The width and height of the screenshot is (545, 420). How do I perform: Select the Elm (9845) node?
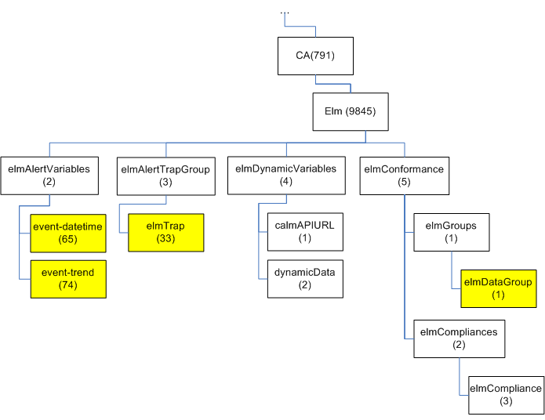pyautogui.click(x=350, y=111)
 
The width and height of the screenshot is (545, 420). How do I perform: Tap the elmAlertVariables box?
pyautogui.click(x=49, y=175)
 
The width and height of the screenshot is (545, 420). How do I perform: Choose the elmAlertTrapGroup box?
pyautogui.click(x=165, y=175)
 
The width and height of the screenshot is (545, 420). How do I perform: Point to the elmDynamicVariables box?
pyautogui.click(x=285, y=175)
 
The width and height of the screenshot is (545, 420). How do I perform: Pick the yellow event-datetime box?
pyautogui.click(x=68, y=233)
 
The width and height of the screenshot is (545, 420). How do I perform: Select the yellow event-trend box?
pyautogui.click(x=68, y=278)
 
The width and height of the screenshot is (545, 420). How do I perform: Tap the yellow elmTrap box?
pyautogui.click(x=165, y=233)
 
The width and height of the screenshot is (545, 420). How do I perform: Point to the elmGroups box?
pyautogui.click(x=451, y=232)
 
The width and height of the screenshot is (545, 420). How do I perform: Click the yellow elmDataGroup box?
pyautogui.click(x=498, y=288)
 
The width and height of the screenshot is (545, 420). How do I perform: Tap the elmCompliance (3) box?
pyautogui.click(x=505, y=394)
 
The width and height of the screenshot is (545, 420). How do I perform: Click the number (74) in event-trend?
pyautogui.click(x=68, y=285)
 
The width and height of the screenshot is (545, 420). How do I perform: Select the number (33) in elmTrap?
pyautogui.click(x=165, y=239)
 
